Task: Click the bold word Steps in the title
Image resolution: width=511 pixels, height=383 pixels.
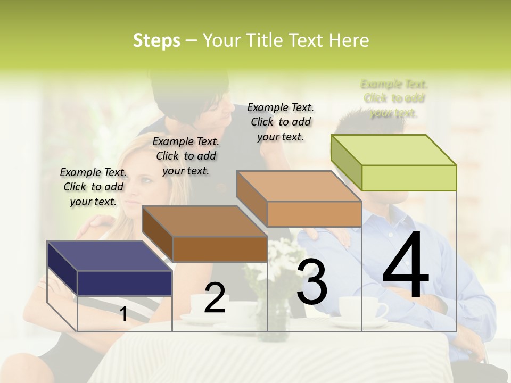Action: pos(156,40)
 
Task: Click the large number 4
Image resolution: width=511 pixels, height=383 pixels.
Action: pos(406,266)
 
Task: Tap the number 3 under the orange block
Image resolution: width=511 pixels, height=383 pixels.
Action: pos(312,282)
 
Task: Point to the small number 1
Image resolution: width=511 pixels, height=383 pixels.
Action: pos(123,314)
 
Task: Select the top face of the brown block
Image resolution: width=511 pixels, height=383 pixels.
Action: pos(204,221)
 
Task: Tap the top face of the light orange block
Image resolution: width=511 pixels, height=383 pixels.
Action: pos(299,186)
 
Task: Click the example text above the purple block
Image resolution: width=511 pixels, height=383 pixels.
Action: pos(93,187)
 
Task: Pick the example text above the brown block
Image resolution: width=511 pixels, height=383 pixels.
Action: pos(186,156)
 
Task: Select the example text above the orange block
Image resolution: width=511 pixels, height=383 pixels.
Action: pos(281,122)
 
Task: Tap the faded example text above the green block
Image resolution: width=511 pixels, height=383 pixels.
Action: pos(394,98)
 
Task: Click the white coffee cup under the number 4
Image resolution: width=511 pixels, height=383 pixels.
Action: pos(362,309)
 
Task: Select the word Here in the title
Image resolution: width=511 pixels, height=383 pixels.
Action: pos(349,40)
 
